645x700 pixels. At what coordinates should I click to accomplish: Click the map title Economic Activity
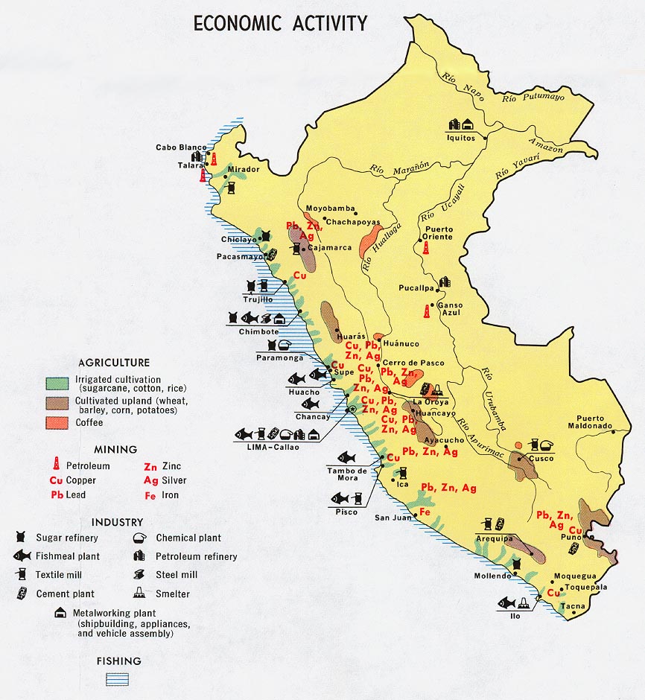tap(280, 24)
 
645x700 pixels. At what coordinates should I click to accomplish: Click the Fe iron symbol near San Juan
tap(425, 512)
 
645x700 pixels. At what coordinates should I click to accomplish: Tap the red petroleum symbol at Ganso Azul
tap(428, 311)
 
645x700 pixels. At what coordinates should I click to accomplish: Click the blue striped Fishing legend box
tap(118, 678)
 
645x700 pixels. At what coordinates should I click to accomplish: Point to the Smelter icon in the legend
tap(139, 594)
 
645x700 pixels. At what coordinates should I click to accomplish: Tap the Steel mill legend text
tap(177, 575)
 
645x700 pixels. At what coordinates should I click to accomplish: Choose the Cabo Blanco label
tap(181, 147)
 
